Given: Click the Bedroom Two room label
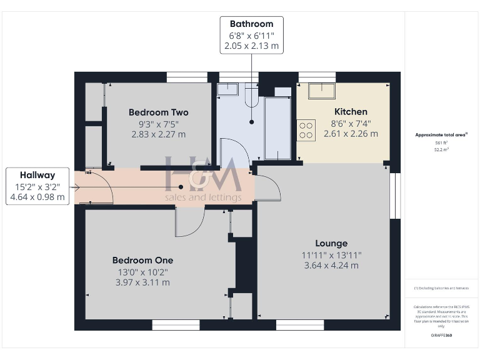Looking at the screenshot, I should pos(158,112).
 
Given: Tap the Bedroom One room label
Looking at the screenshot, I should pos(142,260).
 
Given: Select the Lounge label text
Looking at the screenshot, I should pos(331,243).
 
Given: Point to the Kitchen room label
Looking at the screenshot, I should pos(351,112).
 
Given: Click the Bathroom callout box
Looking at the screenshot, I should pos(251,35).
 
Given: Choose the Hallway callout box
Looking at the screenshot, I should pos(37,186).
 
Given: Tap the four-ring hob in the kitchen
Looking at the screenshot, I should pos(306,130).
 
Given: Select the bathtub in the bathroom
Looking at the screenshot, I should pos(277,127).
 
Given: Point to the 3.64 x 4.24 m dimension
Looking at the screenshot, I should pos(331,265).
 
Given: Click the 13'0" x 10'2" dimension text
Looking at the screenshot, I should pos(142,272).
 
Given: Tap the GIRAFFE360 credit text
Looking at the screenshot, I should pos(442,336).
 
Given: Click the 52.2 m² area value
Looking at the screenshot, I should pos(442,150).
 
